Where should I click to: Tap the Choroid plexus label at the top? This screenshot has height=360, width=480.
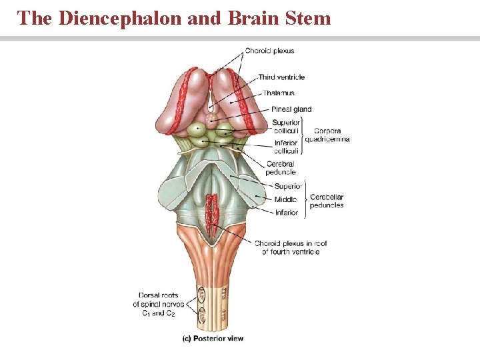point(269,51)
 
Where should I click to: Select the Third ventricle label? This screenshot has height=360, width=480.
point(281,77)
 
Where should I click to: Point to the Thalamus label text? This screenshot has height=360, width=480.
point(279,93)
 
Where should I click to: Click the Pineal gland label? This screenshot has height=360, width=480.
point(291,109)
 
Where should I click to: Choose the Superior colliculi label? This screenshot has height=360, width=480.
point(286,127)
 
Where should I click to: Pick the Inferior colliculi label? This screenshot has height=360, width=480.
point(286,147)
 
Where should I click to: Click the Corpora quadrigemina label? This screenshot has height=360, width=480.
point(327,135)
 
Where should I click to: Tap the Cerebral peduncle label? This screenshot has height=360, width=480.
point(281,168)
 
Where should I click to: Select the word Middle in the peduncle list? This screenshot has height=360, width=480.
point(286,200)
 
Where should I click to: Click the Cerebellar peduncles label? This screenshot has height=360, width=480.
point(327,201)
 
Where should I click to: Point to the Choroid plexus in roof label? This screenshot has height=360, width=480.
point(291,247)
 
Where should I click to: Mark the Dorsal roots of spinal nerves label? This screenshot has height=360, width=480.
point(158,304)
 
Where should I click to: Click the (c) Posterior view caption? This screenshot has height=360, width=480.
point(213,339)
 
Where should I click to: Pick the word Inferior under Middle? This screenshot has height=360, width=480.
point(286,213)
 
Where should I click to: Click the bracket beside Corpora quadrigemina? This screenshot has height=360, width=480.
point(303,135)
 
